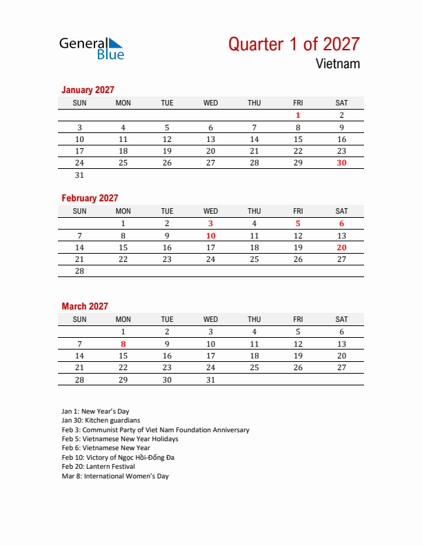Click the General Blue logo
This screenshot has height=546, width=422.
coord(91,47)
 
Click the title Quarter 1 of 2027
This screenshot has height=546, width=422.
coord(294,44)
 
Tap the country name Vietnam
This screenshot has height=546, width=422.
coord(338,64)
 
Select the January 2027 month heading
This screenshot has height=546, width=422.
coord(88,90)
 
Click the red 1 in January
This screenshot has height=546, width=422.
coord(298,116)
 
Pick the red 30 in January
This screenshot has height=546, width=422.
coord(341,163)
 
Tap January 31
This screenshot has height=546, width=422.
coord(79,175)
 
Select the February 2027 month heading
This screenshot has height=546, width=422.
coord(90,198)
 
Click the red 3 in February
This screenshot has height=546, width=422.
coord(210,223)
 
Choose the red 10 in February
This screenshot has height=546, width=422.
coord(210,236)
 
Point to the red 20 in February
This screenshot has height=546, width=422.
coord(341,247)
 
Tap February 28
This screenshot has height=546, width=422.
coord(79,271)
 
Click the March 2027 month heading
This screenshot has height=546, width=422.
coord(85,306)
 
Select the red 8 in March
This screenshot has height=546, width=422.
coord(123,344)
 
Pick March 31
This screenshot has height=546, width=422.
coord(210,380)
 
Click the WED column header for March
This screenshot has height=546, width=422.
coord(210,319)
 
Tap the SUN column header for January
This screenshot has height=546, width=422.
coord(79,103)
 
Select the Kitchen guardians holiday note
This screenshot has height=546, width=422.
coord(101,421)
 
